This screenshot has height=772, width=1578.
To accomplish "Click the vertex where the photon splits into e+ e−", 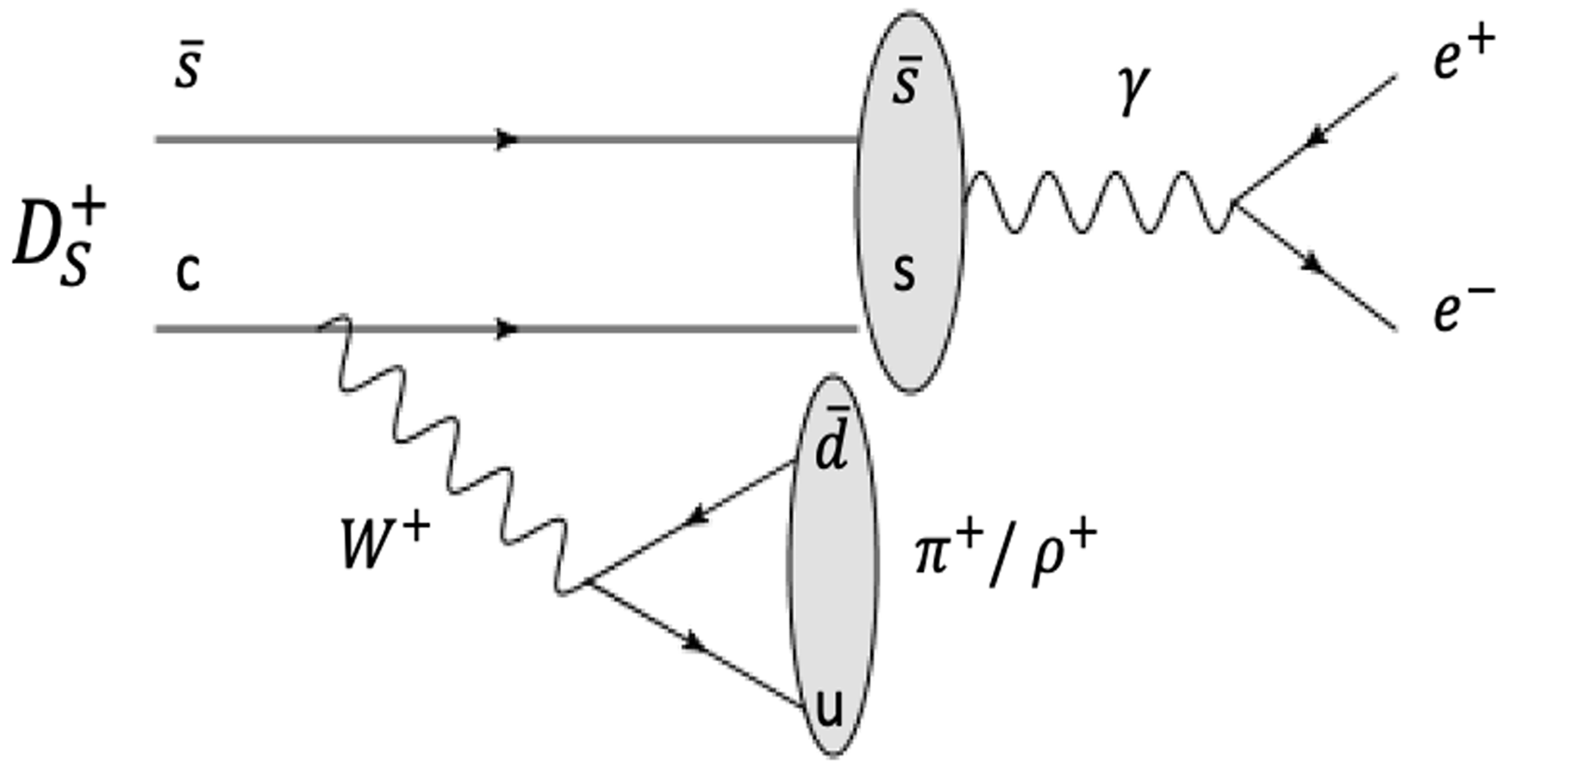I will click(x=1234, y=203).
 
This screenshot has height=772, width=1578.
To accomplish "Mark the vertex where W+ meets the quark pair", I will click(x=587, y=583).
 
